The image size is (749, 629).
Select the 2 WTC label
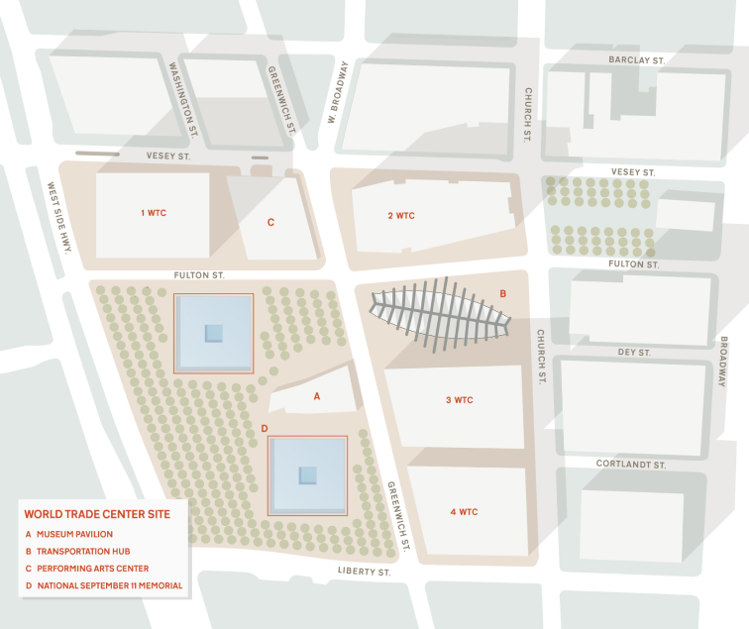[x=401, y=215]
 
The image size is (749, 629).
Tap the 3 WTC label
[x=460, y=400]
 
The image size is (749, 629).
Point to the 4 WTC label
[x=464, y=512]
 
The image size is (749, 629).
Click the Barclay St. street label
[x=636, y=60]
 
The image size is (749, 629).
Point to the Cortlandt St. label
[x=630, y=464]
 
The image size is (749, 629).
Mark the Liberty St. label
[x=364, y=572]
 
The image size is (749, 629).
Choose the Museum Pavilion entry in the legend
[x=76, y=535]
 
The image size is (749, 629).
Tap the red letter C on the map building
[x=270, y=223]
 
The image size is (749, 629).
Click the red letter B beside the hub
[x=502, y=293]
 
